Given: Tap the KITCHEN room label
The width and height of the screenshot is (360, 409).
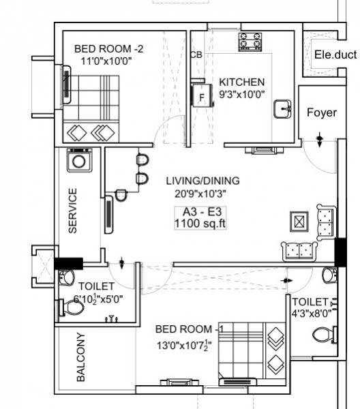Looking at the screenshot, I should coord(242,82).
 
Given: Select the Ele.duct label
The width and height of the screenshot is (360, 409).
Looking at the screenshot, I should coord(335,55).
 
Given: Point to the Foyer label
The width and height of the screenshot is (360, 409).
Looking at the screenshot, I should coord(320,112).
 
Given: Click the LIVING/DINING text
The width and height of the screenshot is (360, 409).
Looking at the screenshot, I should coord(202,181).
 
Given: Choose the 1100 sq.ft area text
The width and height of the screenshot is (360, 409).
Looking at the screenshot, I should coord(199,224).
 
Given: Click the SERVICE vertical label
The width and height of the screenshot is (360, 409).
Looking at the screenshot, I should coord(73,211).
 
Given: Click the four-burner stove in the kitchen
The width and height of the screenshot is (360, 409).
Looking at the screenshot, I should coord(250,42).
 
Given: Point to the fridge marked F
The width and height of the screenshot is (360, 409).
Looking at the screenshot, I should coord(200,96).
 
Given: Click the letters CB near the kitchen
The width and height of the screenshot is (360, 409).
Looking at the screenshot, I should coord(196,55).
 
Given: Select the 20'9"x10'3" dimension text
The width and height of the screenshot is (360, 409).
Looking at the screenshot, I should coord(202,192).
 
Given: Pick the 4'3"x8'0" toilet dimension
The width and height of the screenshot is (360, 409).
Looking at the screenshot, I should coord(312,314).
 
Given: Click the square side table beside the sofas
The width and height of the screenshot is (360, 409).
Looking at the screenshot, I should coord(300,222).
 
